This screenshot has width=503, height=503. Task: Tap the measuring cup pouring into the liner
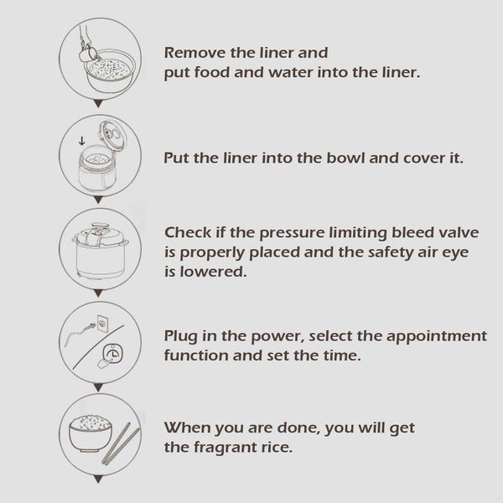coord(87,54)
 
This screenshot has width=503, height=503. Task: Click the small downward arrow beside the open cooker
coord(82,141)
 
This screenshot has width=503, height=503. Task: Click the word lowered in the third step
coord(213,272)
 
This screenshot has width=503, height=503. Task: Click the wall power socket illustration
coord(102,324)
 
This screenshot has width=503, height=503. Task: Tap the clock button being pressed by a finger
coord(112,353)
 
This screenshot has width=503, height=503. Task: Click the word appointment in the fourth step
coord(437,337)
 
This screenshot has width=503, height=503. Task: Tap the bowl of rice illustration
coord(91,433)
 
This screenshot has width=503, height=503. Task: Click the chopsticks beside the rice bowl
coord(121,443)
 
